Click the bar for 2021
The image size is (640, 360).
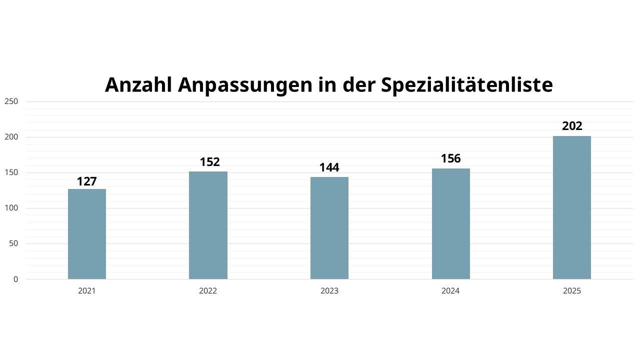click(87, 234)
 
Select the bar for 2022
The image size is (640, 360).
click(208, 225)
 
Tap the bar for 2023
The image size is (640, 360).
click(329, 228)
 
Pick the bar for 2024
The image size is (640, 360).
click(450, 224)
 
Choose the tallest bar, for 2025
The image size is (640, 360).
click(572, 207)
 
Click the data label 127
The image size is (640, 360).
click(87, 181)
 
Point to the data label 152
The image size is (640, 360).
click(209, 162)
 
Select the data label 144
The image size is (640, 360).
click(329, 167)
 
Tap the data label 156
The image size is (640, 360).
click(450, 158)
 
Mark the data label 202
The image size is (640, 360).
click(572, 126)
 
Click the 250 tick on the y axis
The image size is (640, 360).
click(11, 101)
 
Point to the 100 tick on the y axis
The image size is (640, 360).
click(11, 208)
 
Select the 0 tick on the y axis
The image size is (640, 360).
click(15, 279)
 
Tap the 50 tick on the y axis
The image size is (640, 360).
click(13, 243)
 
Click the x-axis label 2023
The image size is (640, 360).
click(329, 291)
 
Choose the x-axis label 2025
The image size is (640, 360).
click(572, 291)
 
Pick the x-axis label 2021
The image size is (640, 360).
click(87, 291)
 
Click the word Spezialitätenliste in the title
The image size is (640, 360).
click(466, 85)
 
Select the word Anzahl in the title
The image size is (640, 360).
click(138, 85)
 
